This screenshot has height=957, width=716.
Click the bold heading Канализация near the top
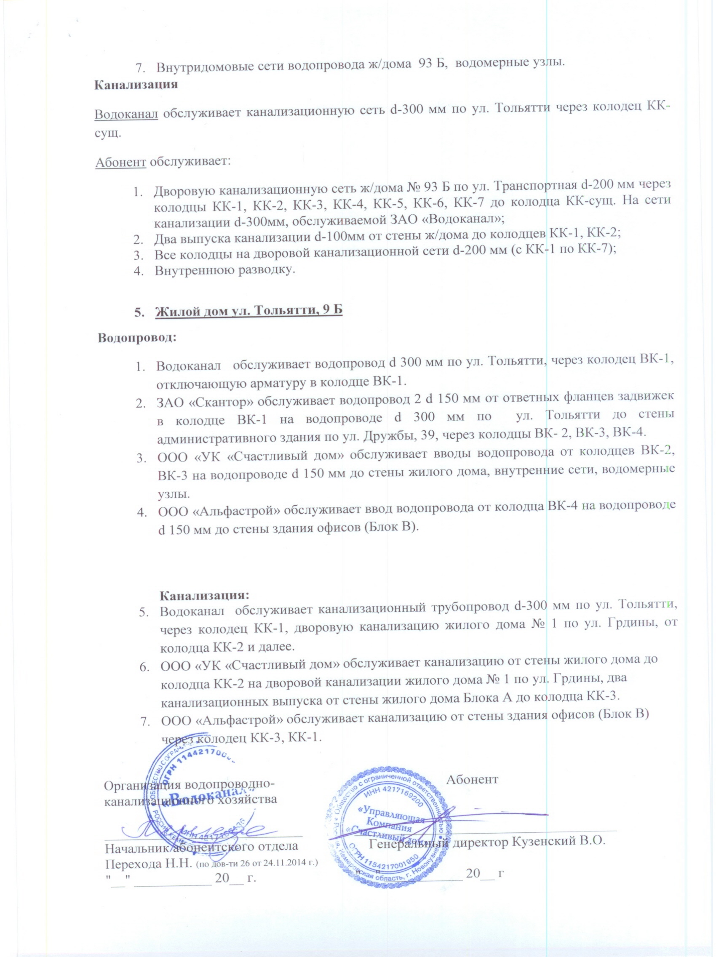[x=136, y=84]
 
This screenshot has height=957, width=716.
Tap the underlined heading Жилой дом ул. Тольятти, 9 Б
[x=248, y=311]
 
